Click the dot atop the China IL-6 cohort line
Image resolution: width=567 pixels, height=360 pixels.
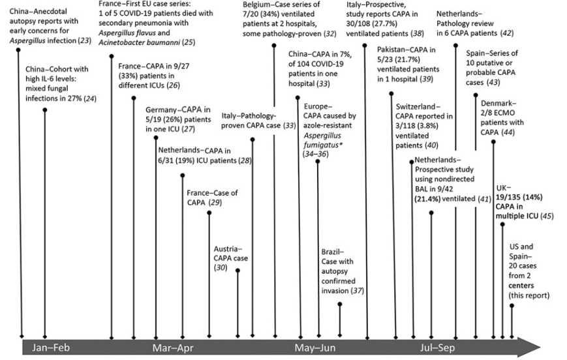(x=44, y=110)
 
